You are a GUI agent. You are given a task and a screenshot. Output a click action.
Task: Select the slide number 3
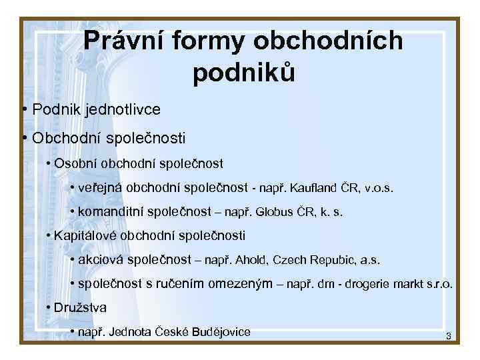tap(449, 337)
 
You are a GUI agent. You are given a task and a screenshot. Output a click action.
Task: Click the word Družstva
tap(80, 308)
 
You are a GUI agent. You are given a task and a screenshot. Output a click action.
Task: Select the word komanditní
tap(110, 213)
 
